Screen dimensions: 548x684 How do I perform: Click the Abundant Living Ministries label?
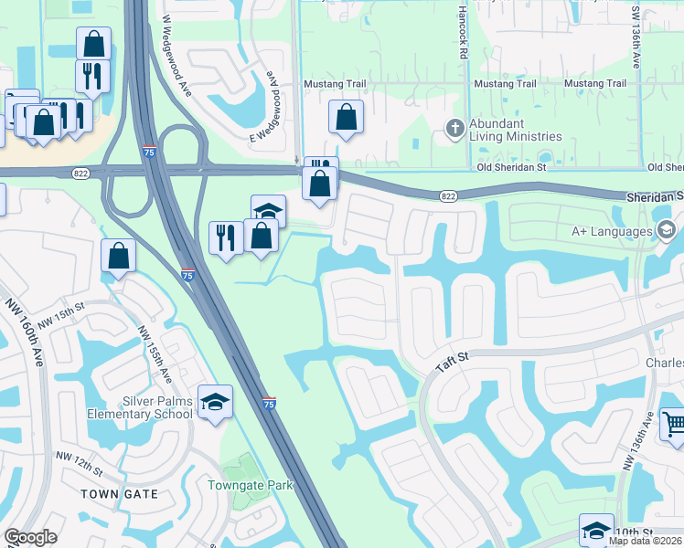click(508, 130)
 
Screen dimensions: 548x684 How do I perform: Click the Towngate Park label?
click(250, 485)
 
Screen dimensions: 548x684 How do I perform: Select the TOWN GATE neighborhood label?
click(119, 494)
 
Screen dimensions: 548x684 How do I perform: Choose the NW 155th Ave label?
click(154, 355)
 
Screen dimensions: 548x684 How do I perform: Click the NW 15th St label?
click(69, 316)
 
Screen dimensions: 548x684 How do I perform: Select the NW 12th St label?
click(78, 462)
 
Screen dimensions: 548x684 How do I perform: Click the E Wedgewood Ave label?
click(263, 106)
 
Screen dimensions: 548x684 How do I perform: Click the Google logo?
click(30, 537)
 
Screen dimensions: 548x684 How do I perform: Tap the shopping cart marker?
click(672, 423)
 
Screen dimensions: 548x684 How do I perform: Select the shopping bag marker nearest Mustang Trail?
click(346, 117)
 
